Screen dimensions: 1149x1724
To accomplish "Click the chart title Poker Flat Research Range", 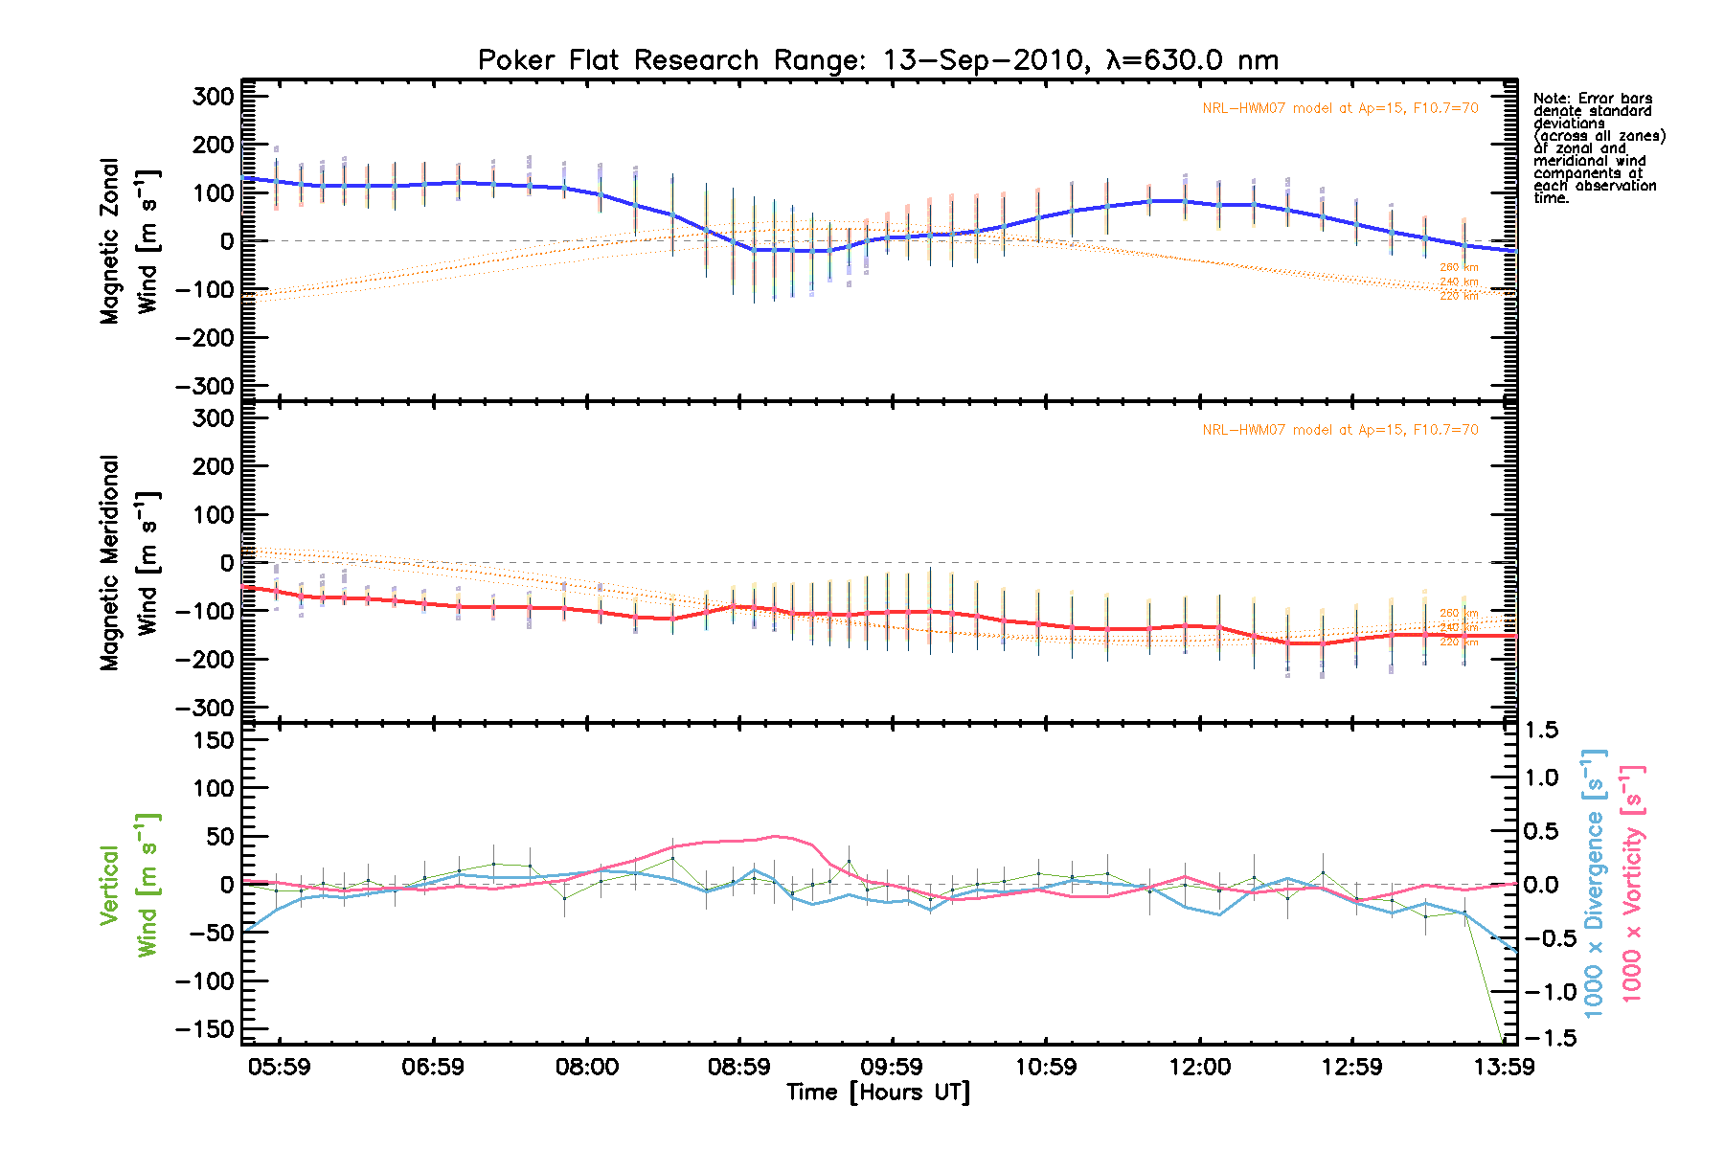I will (x=877, y=60).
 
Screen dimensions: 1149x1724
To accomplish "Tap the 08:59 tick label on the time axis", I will (x=738, y=1067).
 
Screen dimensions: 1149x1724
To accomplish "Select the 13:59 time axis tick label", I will (x=1504, y=1067).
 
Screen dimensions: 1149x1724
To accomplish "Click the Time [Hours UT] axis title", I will (x=877, y=1093).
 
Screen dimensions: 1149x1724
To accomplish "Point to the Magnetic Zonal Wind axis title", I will (x=128, y=241).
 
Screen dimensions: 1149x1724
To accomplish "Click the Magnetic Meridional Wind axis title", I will (x=128, y=563).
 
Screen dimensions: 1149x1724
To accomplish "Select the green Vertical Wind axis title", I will (x=128, y=885).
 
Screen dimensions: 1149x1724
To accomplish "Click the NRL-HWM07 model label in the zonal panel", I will (x=1340, y=108).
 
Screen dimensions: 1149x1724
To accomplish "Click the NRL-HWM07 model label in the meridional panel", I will (x=1340, y=430).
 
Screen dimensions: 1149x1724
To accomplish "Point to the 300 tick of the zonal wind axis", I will (x=213, y=97).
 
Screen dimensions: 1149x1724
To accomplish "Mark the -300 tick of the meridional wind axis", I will (x=205, y=708).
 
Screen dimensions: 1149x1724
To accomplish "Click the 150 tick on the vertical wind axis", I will (x=213, y=740).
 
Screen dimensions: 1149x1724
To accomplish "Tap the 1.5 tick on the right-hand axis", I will (x=1541, y=731).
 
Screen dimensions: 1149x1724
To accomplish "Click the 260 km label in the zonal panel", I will (x=1459, y=268).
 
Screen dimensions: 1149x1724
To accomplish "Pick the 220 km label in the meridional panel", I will (x=1459, y=642).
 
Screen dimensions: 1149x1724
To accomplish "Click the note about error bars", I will (x=1599, y=148).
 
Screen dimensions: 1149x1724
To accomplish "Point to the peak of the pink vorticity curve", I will (x=776, y=836).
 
